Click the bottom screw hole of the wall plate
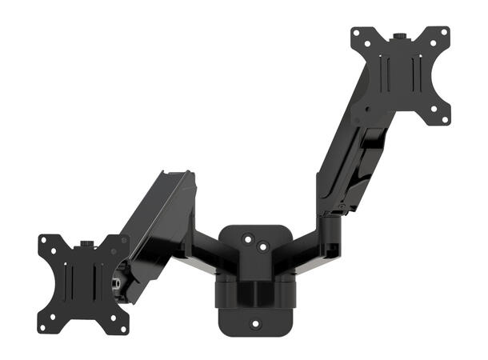coord(256,324)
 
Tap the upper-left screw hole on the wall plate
coord(248,237)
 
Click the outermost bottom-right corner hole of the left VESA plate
coord(124,327)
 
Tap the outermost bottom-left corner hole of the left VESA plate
coord(42,327)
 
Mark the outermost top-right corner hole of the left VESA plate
coord(124,241)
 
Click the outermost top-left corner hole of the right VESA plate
coord(356,33)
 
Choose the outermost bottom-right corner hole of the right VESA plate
coord(444,120)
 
